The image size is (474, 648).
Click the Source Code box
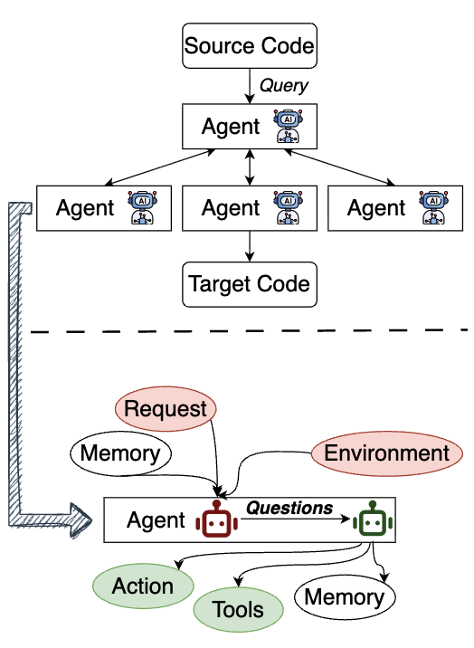tap(249, 45)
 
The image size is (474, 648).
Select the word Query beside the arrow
tap(284, 86)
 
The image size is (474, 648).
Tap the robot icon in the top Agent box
tap(288, 127)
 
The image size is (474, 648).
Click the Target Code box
tap(249, 284)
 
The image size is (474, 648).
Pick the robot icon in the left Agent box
tap(142, 208)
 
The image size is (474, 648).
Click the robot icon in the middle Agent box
tap(288, 208)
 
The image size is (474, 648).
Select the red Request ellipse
tap(166, 409)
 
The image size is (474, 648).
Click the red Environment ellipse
tap(387, 453)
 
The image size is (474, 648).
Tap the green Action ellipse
tap(143, 586)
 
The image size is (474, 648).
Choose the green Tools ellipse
tap(239, 609)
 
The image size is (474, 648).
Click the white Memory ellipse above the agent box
tap(120, 453)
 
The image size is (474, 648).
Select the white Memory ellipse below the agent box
tap(344, 596)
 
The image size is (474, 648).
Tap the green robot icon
tap(373, 520)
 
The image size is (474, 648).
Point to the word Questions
tap(290, 508)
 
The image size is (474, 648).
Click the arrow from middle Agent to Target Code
tap(249, 247)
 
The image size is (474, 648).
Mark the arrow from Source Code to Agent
tap(249, 86)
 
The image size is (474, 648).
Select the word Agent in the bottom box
tap(156, 520)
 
